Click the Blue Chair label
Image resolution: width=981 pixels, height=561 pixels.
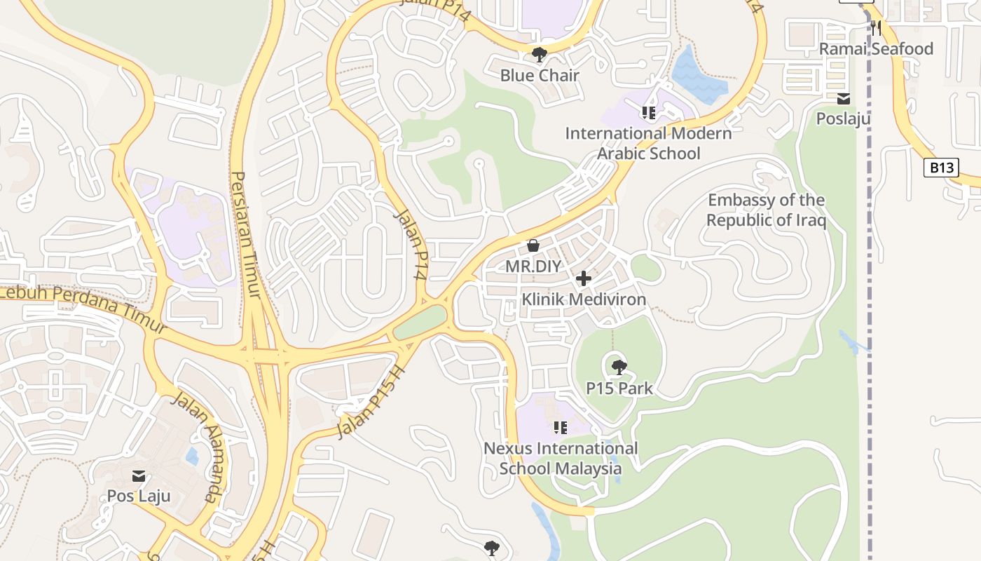click(x=540, y=75)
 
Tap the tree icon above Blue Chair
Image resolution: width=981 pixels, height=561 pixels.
click(x=539, y=55)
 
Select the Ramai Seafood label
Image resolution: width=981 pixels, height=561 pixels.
click(x=876, y=48)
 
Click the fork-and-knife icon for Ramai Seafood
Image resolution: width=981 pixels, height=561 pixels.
click(x=876, y=28)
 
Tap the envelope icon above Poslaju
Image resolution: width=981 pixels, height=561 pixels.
click(x=844, y=99)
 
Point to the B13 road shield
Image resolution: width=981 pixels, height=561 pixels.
click(x=940, y=168)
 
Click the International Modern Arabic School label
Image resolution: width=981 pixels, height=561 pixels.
click(x=648, y=143)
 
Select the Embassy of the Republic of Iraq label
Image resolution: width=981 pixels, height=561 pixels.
click(x=766, y=210)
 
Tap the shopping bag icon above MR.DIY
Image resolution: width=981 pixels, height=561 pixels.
click(x=533, y=245)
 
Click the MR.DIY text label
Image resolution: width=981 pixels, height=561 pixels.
click(x=533, y=266)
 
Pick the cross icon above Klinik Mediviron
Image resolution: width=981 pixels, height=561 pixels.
click(x=583, y=279)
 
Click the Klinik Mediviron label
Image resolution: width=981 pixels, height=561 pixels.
click(x=584, y=299)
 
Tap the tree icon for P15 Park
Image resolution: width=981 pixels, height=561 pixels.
click(x=619, y=367)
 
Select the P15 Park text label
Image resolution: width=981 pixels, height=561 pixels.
click(x=619, y=388)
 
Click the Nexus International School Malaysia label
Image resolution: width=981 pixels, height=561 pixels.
click(x=561, y=458)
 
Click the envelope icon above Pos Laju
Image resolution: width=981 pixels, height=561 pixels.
click(x=138, y=476)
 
